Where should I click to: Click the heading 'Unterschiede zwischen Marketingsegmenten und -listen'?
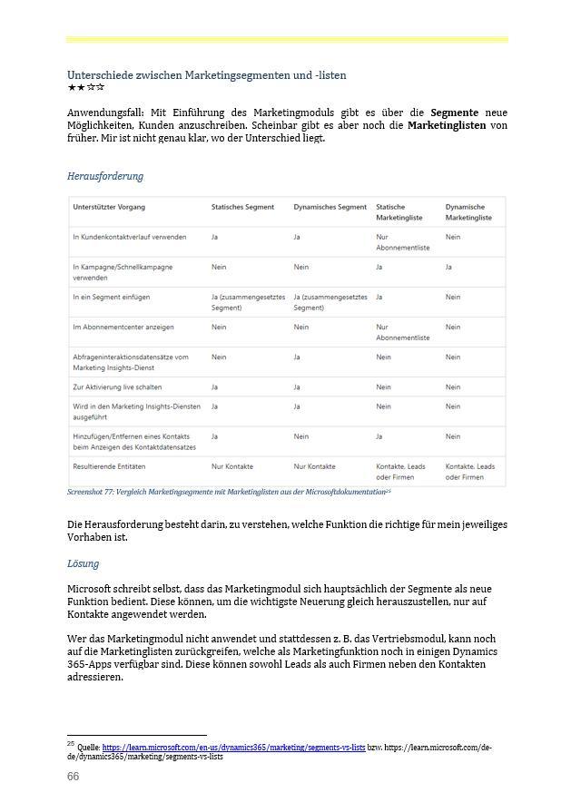tap(206, 75)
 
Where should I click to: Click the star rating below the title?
tap(86, 88)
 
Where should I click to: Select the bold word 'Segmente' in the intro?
tap(454, 113)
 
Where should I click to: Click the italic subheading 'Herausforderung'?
tap(105, 176)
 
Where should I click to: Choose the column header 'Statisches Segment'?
tap(242, 208)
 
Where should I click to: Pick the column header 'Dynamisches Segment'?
tap(330, 208)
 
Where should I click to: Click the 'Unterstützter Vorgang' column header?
tap(109, 208)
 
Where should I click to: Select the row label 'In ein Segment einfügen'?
tap(112, 298)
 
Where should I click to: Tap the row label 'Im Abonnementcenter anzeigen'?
tap(123, 328)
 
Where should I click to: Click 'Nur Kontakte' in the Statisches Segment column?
tap(232, 466)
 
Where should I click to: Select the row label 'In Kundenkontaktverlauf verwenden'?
tap(130, 238)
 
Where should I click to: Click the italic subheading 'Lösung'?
tap(83, 563)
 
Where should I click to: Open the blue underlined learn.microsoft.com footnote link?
tap(233, 748)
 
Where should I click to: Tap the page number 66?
tap(74, 777)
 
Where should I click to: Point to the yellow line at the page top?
tap(287, 40)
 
